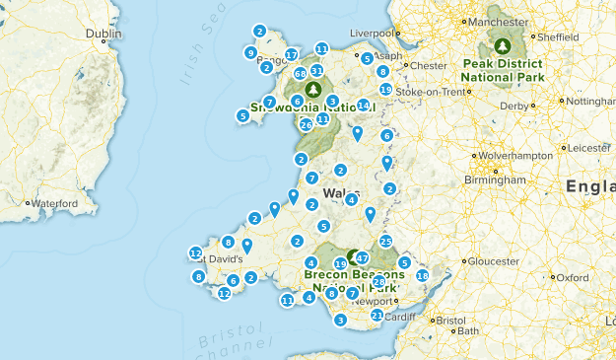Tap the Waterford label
(x=53, y=203)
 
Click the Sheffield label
(x=557, y=36)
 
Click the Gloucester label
(x=492, y=260)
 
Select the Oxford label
(x=570, y=277)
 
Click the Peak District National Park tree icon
(x=504, y=45)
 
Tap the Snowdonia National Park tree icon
(x=317, y=87)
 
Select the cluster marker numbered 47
(x=362, y=257)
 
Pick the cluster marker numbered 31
(x=316, y=71)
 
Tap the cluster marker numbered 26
(x=307, y=124)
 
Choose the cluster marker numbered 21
(x=376, y=315)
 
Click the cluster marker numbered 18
(x=423, y=276)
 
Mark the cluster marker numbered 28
(x=379, y=282)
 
